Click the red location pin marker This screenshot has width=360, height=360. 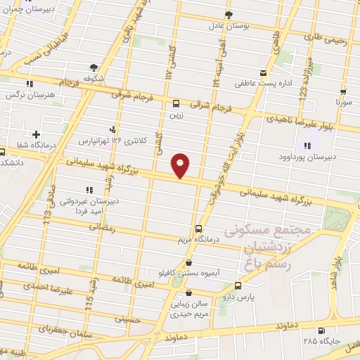(181, 165)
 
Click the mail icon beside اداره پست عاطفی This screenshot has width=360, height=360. (263, 73)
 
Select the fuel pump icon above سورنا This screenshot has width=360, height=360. (343, 91)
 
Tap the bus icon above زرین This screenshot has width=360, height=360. (176, 104)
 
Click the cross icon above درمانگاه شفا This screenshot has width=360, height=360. (36, 134)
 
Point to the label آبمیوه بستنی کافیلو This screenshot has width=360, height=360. (189, 273)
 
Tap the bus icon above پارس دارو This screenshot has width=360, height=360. (238, 285)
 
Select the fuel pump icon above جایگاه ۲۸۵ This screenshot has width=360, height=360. (321, 331)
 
